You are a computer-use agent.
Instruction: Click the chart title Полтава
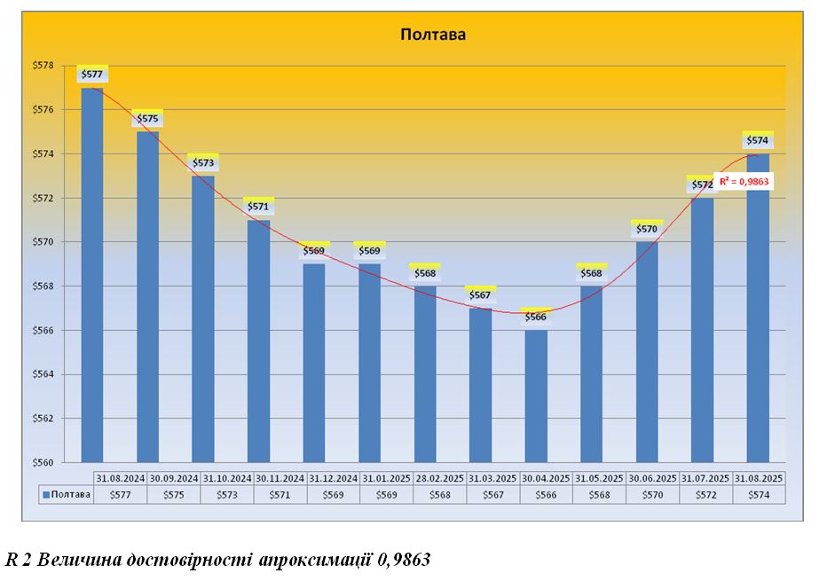(x=433, y=35)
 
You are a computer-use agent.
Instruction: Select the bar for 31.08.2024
(x=92, y=275)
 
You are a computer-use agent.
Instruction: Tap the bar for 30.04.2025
(x=536, y=396)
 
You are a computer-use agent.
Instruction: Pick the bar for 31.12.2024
(x=314, y=363)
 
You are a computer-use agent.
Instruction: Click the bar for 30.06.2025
(x=647, y=351)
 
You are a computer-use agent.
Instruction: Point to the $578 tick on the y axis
(x=43, y=66)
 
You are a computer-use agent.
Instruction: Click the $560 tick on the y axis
(x=43, y=462)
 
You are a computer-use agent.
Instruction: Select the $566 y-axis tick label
(x=43, y=330)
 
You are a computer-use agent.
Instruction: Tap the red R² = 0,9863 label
(x=743, y=182)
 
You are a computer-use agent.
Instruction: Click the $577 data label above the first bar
(x=92, y=75)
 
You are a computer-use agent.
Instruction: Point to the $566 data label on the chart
(x=536, y=317)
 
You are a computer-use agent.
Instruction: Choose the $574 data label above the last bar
(x=758, y=140)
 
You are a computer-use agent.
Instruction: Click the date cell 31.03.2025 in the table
(x=493, y=478)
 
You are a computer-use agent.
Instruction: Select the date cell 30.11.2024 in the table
(x=280, y=478)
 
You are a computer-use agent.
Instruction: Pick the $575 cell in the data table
(x=174, y=495)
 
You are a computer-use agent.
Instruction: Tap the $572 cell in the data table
(x=706, y=495)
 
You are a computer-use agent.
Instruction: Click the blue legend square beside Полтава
(x=46, y=495)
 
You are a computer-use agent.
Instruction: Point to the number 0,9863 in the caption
(x=406, y=560)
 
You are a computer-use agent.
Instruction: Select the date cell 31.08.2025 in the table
(x=760, y=478)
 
